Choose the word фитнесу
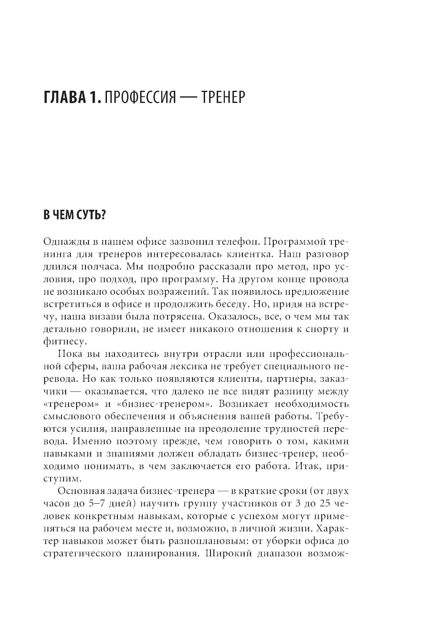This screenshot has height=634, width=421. coord(61,341)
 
